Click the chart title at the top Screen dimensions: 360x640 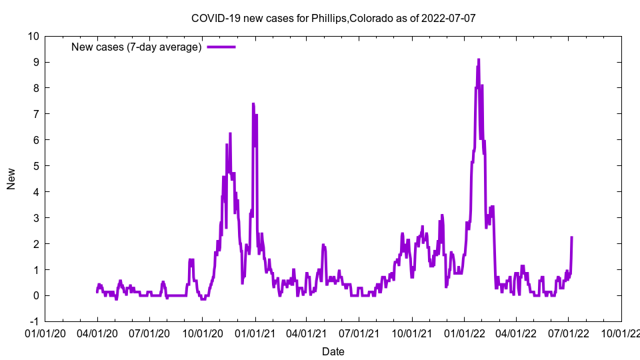(x=333, y=18)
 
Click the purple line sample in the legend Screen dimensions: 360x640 (x=221, y=47)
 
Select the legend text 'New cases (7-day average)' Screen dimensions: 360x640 (x=137, y=47)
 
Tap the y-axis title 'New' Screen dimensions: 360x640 (x=11, y=179)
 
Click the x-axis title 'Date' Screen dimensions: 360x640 (x=333, y=351)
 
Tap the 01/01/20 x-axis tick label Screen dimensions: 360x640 (x=45, y=333)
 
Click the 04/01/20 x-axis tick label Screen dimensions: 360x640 (x=97, y=333)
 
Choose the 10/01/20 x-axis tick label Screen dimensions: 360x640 (x=202, y=333)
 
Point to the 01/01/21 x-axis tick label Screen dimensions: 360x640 (x=255, y=333)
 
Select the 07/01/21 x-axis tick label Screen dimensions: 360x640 (x=359, y=333)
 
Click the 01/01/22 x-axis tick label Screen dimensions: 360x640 (x=465, y=333)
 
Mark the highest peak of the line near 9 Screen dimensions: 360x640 (x=478, y=59)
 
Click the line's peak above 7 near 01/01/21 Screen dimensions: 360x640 (x=253, y=104)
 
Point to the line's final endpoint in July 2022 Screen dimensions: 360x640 (x=572, y=237)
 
